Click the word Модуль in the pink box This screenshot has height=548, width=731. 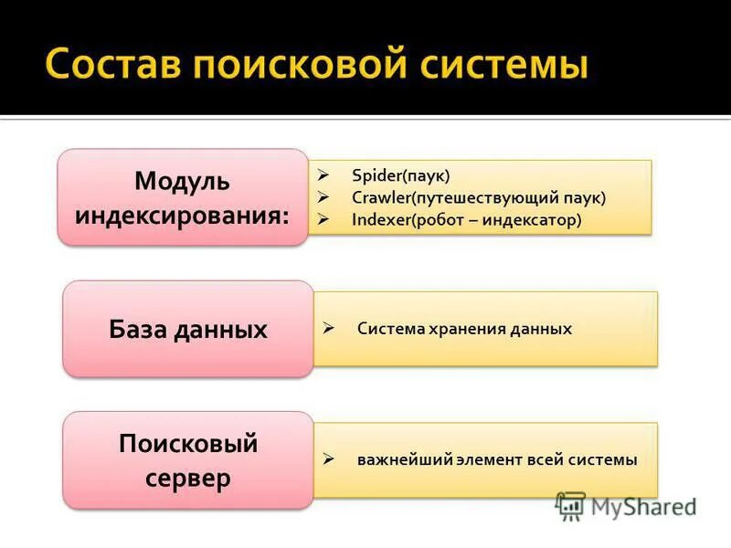(x=182, y=181)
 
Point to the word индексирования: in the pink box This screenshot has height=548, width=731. (x=182, y=216)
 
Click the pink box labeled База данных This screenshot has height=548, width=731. (x=187, y=329)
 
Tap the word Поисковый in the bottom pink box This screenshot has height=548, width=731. (x=188, y=445)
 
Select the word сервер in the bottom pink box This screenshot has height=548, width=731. (x=187, y=479)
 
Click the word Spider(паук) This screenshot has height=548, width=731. (x=400, y=174)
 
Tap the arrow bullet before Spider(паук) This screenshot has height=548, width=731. (x=323, y=174)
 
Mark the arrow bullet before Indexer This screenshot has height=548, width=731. (x=323, y=220)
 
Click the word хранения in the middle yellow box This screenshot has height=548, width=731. (x=463, y=329)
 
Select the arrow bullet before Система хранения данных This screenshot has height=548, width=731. (x=329, y=328)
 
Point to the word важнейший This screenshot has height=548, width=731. (x=405, y=460)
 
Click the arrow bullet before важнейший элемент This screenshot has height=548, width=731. (x=329, y=459)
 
